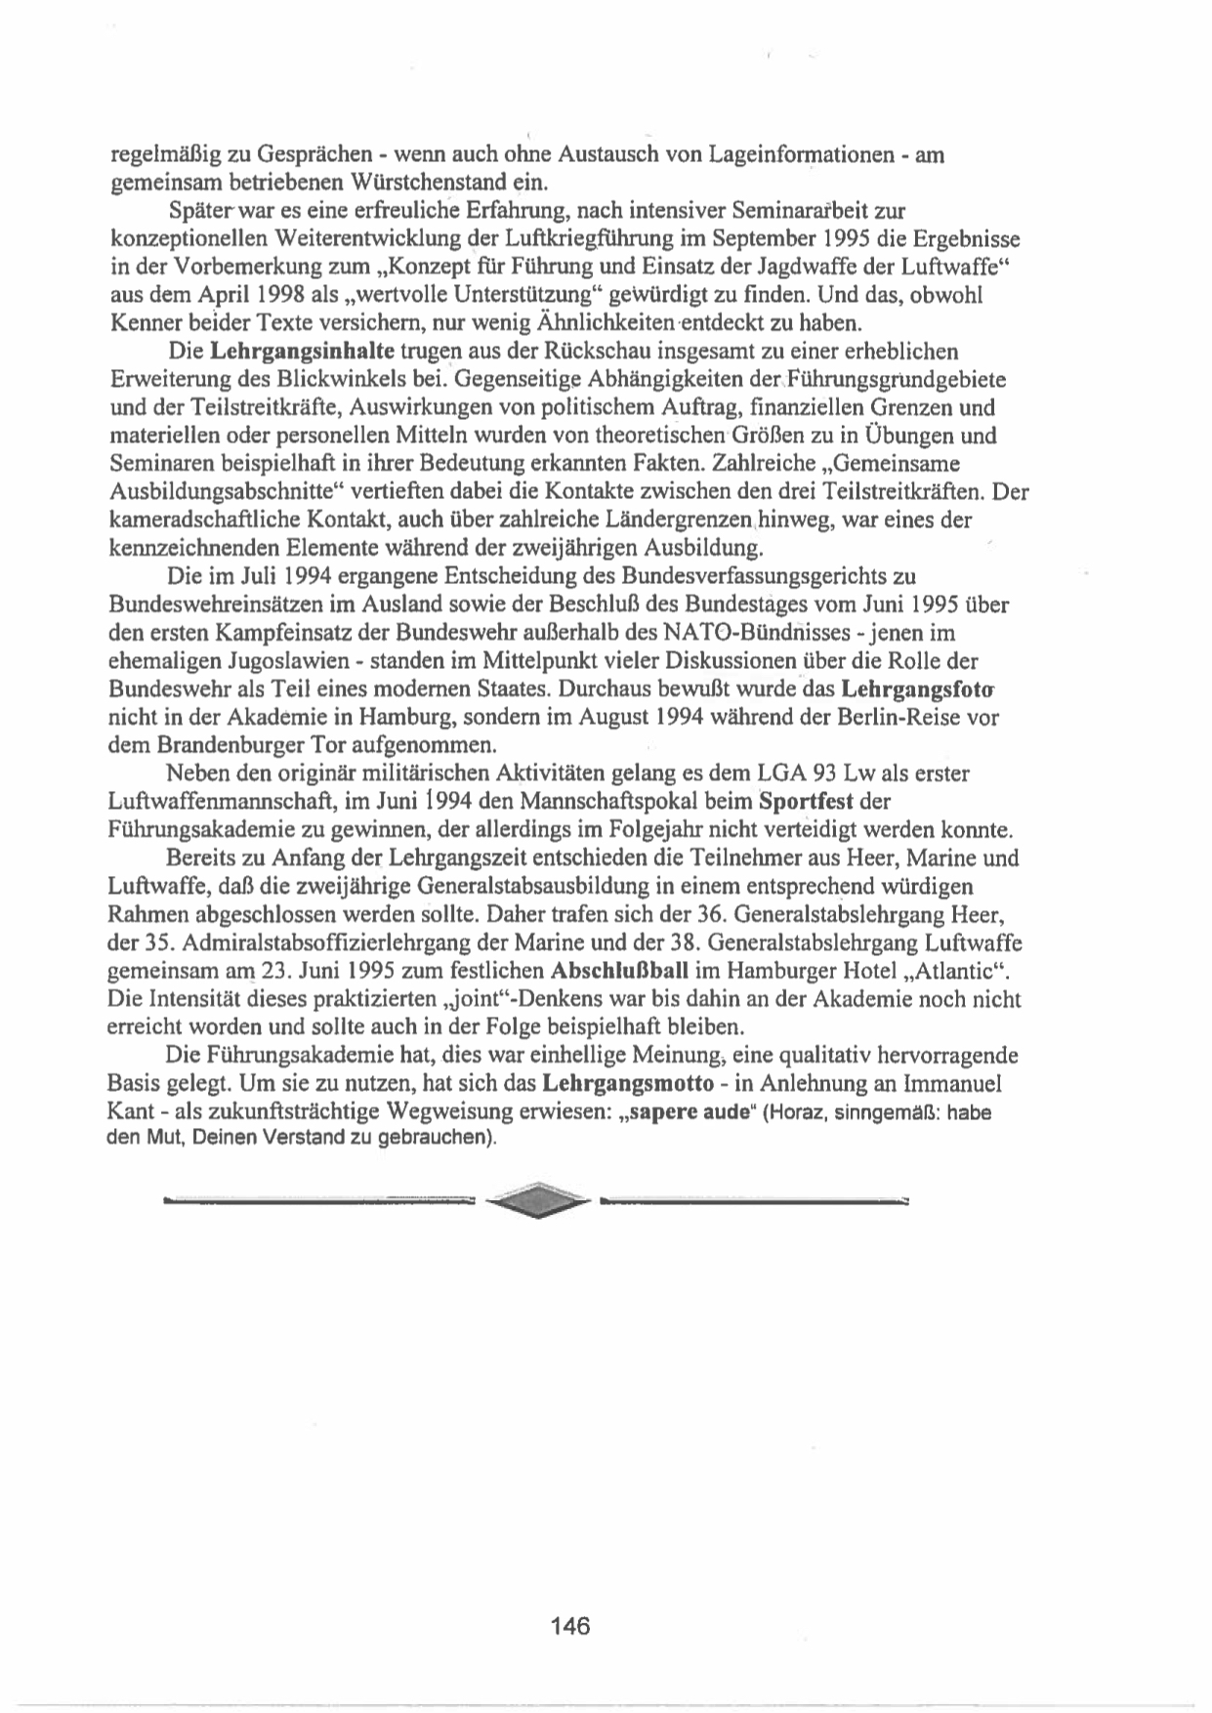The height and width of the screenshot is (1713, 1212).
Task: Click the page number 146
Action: (x=570, y=1626)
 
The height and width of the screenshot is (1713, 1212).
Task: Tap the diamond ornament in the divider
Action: (x=538, y=1200)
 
